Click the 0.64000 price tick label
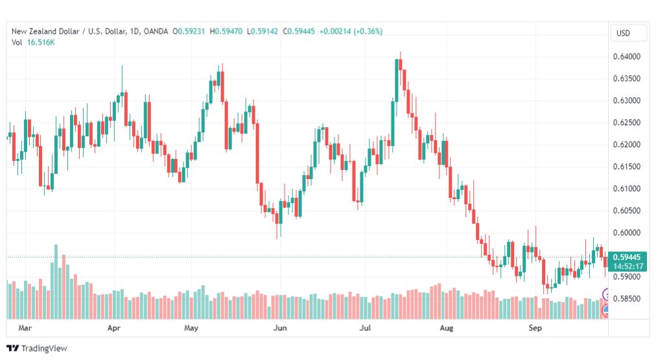pos(626,56)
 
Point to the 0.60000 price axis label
pos(626,233)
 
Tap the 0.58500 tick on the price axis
pos(626,299)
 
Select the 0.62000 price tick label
pos(626,145)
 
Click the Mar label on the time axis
pos(25,328)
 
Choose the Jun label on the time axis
pos(280,328)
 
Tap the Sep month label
pos(535,328)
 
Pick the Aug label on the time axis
pos(447,328)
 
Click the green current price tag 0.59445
pos(627,258)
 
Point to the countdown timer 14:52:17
pos(628,266)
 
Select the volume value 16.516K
pos(41,42)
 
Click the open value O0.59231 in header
pos(189,31)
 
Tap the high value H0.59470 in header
pos(226,31)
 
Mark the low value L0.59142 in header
pos(263,31)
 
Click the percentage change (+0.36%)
pos(368,31)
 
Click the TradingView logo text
pos(44,348)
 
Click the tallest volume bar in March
pos(56,282)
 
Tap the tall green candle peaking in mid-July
pos(397,80)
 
